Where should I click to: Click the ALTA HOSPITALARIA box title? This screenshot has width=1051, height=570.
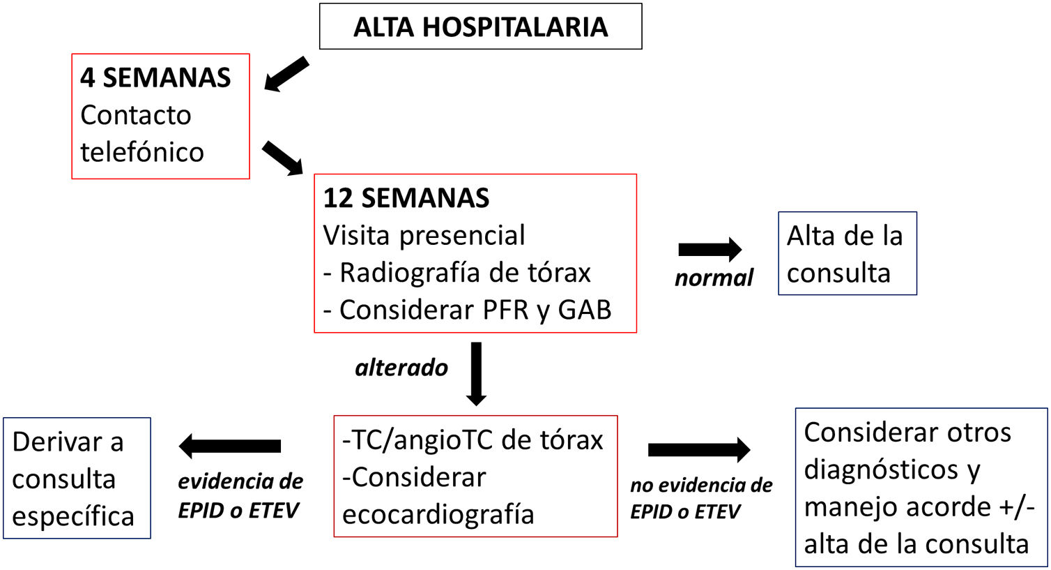tap(480, 27)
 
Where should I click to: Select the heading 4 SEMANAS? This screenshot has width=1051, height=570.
tap(155, 77)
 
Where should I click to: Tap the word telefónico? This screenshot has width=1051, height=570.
tap(142, 152)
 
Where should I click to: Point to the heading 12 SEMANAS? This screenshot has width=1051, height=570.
tap(406, 198)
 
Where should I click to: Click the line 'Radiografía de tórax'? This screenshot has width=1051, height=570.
tap(465, 272)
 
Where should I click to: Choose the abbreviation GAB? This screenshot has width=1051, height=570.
tap(584, 310)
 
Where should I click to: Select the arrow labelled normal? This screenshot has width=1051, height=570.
tap(709, 249)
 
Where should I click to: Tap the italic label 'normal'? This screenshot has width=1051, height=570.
tap(714, 278)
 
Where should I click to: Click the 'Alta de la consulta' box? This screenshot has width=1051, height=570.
tap(846, 254)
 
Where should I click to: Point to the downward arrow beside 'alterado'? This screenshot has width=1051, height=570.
tap(476, 373)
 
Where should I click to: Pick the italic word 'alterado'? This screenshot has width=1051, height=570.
tap(401, 368)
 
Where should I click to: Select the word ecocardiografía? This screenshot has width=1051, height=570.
tap(438, 514)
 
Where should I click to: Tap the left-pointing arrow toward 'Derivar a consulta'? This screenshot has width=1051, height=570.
tap(230, 446)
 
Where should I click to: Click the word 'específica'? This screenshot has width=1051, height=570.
tap(72, 516)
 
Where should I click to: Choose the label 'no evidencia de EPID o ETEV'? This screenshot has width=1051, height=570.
tap(701, 498)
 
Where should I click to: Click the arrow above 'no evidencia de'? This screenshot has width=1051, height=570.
tap(698, 449)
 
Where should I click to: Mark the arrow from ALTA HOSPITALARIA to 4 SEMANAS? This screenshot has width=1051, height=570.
tap(286, 74)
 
